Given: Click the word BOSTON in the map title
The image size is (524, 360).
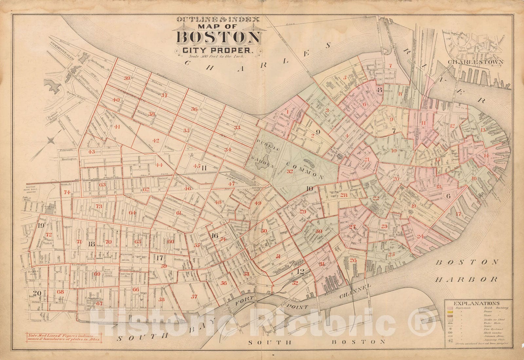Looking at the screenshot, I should point(217,38).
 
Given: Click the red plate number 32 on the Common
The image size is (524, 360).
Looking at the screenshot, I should point(290,171).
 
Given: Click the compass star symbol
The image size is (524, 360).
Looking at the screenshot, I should point(51,141).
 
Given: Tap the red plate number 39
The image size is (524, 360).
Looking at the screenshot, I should point(127,78).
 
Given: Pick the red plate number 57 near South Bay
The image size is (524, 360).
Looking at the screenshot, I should point(195,296).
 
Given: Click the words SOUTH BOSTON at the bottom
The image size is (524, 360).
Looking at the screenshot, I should point(316,342).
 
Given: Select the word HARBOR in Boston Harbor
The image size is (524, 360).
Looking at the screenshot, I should point(467,279).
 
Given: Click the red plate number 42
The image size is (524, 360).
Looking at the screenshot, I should point(156,141).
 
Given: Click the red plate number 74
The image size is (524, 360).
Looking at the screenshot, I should point(67,192).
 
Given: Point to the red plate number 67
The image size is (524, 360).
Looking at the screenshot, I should point(99,303).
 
